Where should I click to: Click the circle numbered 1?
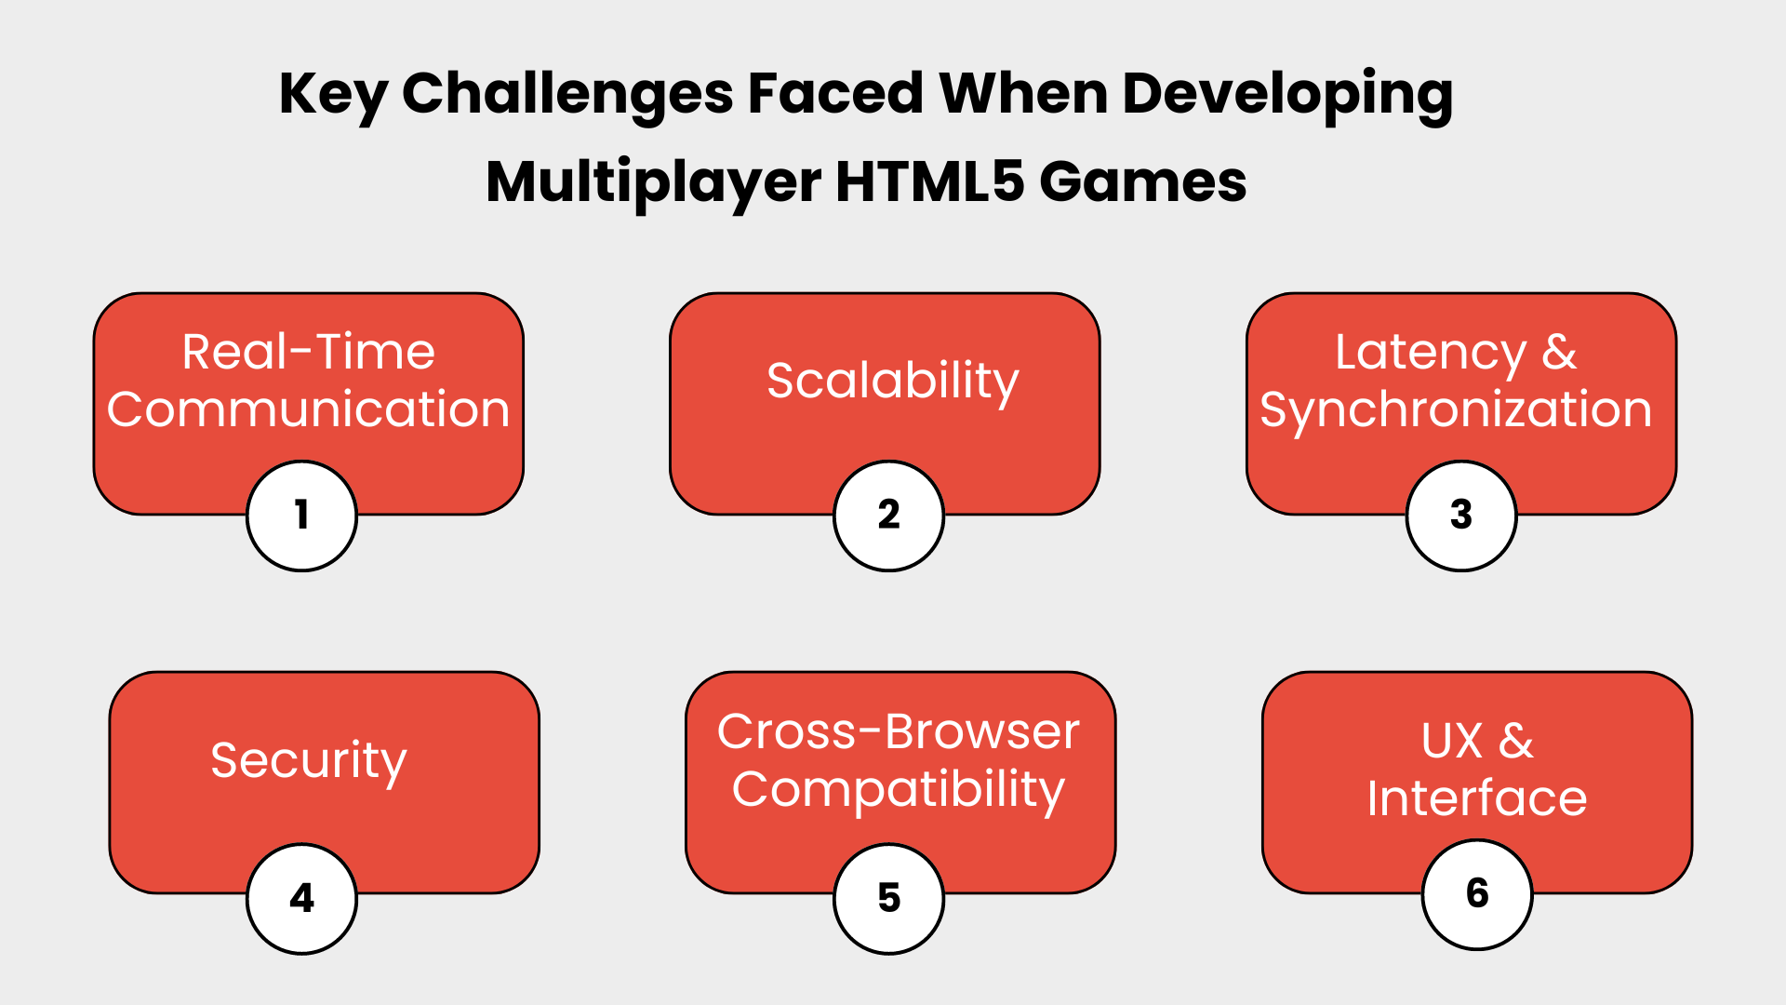point(301,516)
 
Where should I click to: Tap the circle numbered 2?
point(888,516)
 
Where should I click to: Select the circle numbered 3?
point(1460,516)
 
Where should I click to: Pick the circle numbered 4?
point(301,899)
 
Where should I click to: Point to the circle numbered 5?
point(888,899)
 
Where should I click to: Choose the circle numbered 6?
point(1476,894)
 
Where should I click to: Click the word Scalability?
point(892,381)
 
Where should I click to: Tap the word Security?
point(308,760)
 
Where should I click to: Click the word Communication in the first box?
point(308,409)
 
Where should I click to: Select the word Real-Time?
point(308,352)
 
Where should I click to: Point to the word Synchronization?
point(1455,409)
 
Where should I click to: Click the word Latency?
point(1430,352)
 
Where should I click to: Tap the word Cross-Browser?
point(898,731)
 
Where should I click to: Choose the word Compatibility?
point(898,789)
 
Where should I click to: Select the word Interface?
point(1476,798)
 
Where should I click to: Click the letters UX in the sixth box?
point(1451,741)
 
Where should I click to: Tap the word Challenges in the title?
point(567,94)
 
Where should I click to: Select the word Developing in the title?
point(1287,94)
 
